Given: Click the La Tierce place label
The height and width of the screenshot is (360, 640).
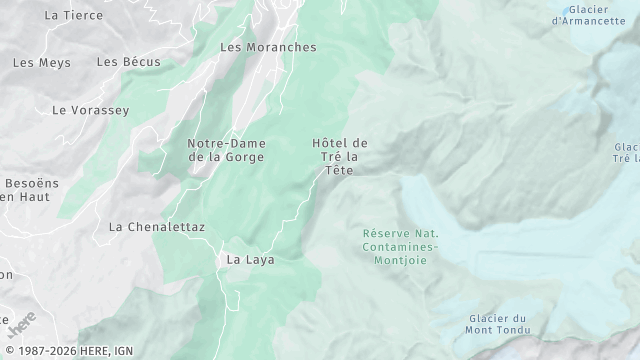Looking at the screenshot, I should (x=74, y=15).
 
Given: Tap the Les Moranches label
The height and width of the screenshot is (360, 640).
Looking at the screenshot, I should (x=267, y=47).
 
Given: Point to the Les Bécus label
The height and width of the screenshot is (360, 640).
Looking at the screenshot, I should (x=128, y=62).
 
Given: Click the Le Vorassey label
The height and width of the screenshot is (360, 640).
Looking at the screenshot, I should (x=90, y=110).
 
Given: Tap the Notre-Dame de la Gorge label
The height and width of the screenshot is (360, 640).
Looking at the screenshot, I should (x=226, y=150).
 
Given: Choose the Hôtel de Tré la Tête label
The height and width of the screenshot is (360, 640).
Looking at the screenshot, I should (x=340, y=157).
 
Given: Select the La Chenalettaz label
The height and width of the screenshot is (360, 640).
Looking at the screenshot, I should (x=156, y=227).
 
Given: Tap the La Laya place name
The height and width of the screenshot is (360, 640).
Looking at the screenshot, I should (x=250, y=259).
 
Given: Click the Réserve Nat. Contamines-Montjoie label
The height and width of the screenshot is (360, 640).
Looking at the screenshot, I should (x=400, y=245).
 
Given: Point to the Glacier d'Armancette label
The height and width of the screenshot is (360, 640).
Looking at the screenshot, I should (x=595, y=15).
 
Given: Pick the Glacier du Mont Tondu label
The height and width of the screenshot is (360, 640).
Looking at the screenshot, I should (x=496, y=324).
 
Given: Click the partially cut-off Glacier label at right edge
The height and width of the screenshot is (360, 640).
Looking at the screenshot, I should (x=627, y=153).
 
